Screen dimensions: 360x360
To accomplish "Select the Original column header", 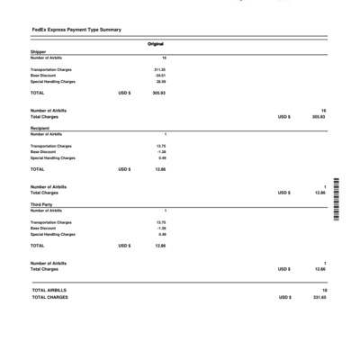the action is tap(155, 44).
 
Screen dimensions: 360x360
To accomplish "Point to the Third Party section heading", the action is tap(40, 205).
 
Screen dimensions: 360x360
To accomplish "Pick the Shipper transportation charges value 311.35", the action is tap(159, 69).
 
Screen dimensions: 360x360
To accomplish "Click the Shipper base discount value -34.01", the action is tap(160, 76).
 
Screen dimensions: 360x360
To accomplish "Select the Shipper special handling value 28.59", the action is tap(160, 82).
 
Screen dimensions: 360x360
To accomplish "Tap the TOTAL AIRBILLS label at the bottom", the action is tap(49, 291).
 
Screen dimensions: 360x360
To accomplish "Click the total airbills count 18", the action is tap(324, 291).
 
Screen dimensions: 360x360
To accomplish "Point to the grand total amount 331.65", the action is tap(319, 297).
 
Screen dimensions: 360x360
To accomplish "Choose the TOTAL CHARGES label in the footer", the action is tap(49, 297).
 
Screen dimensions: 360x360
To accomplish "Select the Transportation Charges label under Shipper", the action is tap(51, 69).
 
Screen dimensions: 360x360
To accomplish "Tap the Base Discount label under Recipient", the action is tap(43, 152).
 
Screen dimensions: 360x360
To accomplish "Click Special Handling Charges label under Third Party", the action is tap(53, 235).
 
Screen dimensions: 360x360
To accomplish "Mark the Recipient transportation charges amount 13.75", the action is tap(161, 146).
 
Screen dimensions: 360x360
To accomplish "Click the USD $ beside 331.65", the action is tap(284, 297).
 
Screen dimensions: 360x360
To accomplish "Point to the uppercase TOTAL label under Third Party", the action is tap(37, 246).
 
